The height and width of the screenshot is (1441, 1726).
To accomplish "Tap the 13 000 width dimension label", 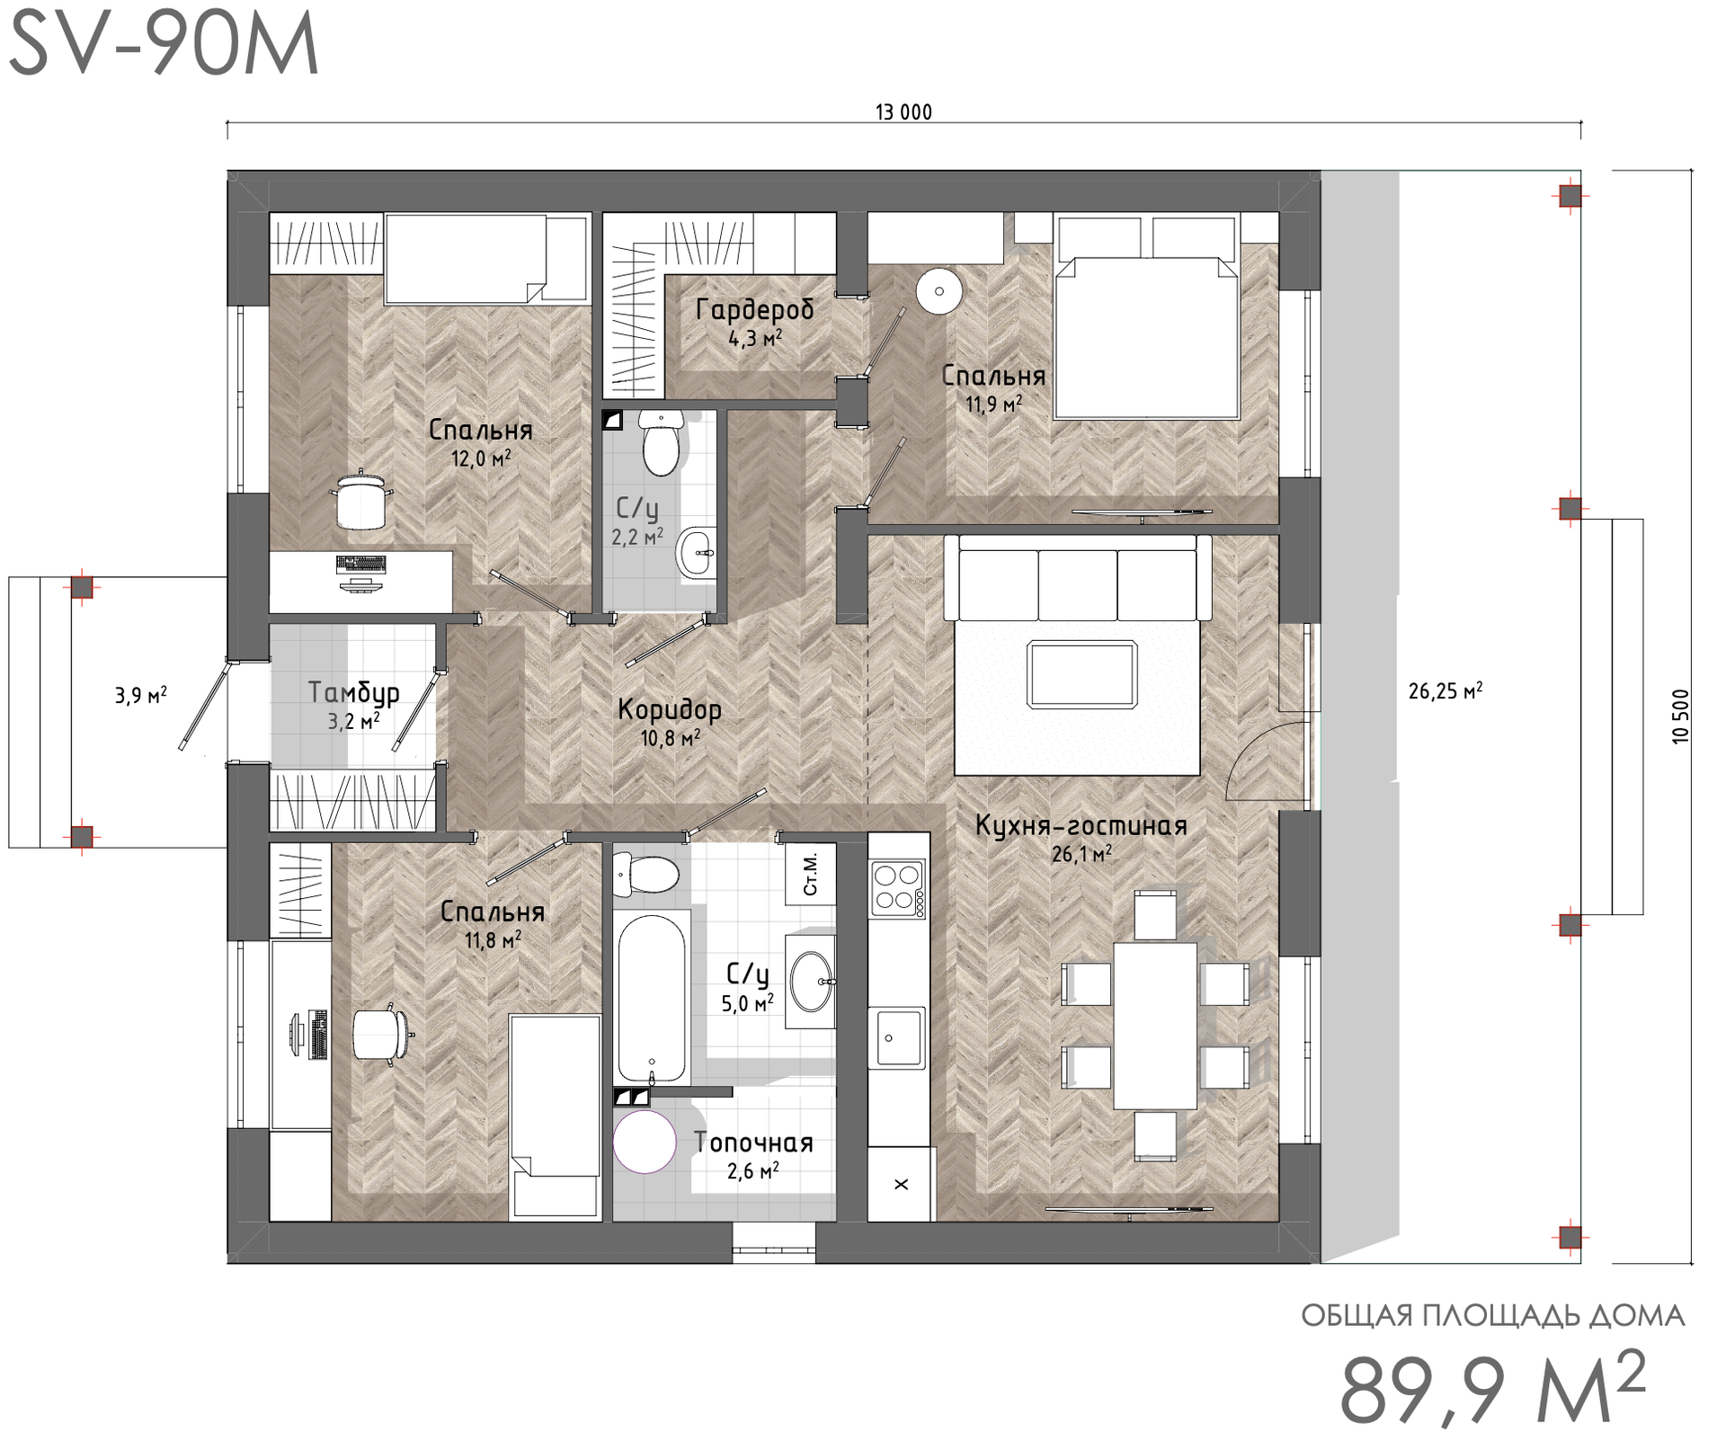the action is coord(903,112).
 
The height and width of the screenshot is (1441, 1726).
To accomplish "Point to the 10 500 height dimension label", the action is coord(1681,716).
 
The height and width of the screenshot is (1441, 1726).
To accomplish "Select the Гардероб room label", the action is coord(754,309).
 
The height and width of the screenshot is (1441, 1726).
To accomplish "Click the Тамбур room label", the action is coord(353,692).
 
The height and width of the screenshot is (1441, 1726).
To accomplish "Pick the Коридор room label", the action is coord(670,709).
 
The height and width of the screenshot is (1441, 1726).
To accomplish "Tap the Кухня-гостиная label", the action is coord(1081,825).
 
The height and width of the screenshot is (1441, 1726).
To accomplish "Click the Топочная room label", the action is coord(753,1143).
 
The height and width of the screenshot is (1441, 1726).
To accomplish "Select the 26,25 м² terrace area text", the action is coord(1445,690).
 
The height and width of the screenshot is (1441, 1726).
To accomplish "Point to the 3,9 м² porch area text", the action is coord(140,695).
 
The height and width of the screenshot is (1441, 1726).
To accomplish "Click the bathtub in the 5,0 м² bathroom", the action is coord(652,998).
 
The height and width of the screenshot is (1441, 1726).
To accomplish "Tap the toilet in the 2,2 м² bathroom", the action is coord(662,442).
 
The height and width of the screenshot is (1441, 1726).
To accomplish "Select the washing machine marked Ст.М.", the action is coord(811,874).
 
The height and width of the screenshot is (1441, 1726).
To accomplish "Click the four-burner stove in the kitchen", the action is coord(897,888).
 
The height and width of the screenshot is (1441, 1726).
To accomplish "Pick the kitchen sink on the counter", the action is coord(896,1037).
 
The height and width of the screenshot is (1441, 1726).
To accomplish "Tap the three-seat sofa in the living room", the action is coord(1078,577).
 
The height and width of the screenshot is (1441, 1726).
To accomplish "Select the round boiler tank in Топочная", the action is coord(645,1142).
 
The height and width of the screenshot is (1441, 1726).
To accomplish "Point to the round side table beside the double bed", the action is coord(939,290).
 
